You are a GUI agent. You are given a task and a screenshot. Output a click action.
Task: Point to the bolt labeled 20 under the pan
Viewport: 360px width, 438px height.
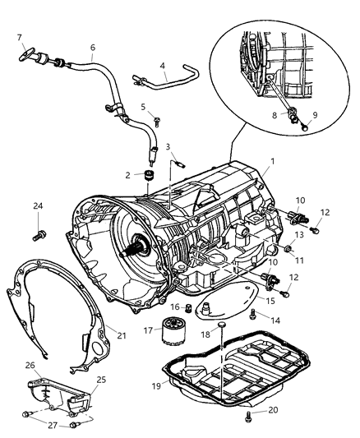point(248,417)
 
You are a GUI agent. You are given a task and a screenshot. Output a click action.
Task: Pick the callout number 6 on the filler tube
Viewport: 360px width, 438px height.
point(93,48)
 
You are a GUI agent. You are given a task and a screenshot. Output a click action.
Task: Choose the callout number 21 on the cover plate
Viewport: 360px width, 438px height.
point(122,335)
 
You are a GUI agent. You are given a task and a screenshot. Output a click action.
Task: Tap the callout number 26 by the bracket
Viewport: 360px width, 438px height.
point(29,366)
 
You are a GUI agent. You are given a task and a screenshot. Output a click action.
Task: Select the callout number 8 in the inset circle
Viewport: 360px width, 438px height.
point(276,115)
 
